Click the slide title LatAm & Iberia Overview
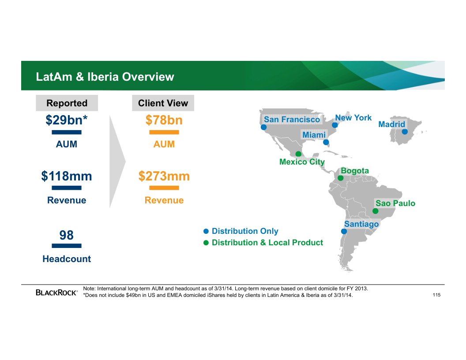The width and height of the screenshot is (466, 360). click(x=105, y=77)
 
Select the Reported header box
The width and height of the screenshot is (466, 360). click(x=67, y=103)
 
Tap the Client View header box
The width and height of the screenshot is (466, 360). click(x=163, y=103)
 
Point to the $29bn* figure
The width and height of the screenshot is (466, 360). click(x=67, y=120)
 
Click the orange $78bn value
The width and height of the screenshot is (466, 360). click(x=164, y=120)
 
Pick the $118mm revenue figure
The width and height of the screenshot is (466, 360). click(x=67, y=176)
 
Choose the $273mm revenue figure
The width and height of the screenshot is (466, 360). click(x=164, y=176)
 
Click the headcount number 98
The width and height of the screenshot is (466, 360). click(x=66, y=235)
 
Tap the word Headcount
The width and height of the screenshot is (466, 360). click(x=67, y=259)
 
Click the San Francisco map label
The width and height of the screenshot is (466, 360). click(x=292, y=120)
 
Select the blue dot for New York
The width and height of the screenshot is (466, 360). click(x=334, y=125)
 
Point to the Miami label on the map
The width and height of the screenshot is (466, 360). click(x=314, y=135)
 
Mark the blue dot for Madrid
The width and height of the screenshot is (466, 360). click(x=405, y=131)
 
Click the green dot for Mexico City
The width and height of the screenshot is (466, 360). click(x=298, y=154)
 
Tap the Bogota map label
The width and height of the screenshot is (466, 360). click(x=355, y=171)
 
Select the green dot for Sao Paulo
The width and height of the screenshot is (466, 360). click(x=376, y=211)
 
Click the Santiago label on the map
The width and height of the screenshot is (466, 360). click(x=361, y=224)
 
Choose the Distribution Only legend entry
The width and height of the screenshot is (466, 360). click(x=241, y=231)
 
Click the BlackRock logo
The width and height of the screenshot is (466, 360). click(x=56, y=292)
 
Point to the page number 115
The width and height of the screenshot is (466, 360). click(x=436, y=295)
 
